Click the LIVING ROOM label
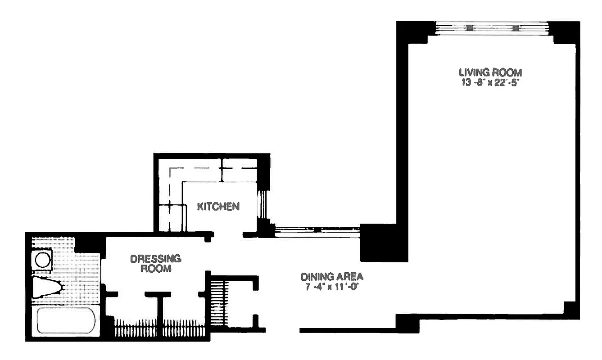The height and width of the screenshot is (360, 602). pos(490,72)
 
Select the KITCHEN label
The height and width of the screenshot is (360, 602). pos(218,207)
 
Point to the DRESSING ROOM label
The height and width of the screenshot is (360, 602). pos(155,264)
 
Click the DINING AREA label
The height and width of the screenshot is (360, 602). pos(332,277)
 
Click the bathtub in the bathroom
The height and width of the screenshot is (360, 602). pos(66,320)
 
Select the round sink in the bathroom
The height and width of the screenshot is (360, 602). pos(43,260)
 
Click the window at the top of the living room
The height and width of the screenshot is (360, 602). pos(492,28)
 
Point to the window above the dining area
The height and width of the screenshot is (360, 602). pos(317,230)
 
